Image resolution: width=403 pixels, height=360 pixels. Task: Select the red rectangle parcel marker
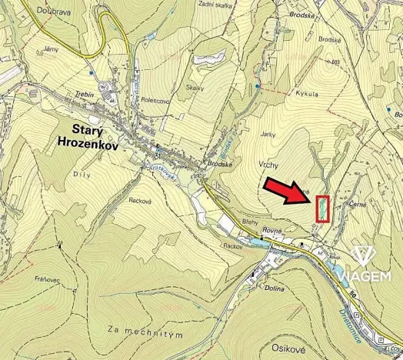323,208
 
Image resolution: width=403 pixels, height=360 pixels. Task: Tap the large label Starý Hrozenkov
86,135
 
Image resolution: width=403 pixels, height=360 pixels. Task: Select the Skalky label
195,88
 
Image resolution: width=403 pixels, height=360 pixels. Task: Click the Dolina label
274,288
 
